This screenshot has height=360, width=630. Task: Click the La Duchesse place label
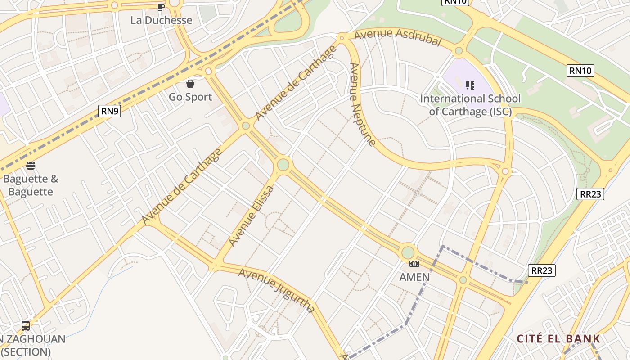pos(161,20)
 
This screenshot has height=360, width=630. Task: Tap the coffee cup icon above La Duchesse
pos(161,6)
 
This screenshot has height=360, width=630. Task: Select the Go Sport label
pos(190,97)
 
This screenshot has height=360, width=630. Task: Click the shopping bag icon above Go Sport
pos(190,83)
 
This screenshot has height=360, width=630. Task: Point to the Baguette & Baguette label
pos(31,185)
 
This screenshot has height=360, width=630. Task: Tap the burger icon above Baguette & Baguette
pos(31,166)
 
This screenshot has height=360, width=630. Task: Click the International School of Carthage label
pos(470,105)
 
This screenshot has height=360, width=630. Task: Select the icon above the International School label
pos(470,85)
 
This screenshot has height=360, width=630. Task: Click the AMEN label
pos(414,277)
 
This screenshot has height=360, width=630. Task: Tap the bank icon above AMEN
pos(414,264)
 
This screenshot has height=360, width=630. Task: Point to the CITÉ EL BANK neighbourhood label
pos(558,339)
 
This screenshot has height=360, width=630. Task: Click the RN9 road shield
pos(110,111)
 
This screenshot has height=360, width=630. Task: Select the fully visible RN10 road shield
pos(580,70)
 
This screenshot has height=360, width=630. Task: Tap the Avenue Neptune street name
pos(362,105)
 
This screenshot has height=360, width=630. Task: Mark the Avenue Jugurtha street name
pos(276,290)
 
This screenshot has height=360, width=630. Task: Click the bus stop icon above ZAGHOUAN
pos(26,325)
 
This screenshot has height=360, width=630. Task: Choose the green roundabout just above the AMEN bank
pos(408,252)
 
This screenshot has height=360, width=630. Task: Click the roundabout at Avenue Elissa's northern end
pos(283,165)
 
